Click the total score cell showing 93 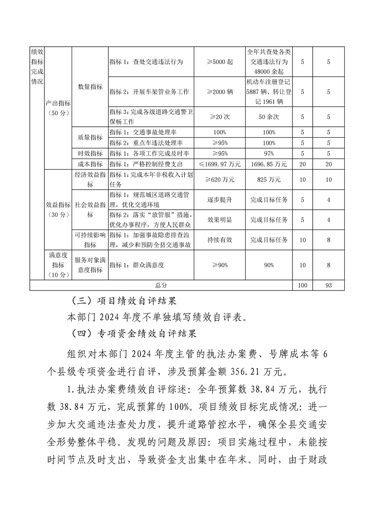click(329, 285)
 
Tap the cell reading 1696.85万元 click(269, 164)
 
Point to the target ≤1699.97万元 click(220, 164)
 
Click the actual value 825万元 click(269, 180)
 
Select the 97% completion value click(269, 154)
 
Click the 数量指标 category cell click(90, 87)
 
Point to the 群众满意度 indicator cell click(137, 265)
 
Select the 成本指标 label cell click(90, 164)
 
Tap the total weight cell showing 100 click(302, 285)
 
